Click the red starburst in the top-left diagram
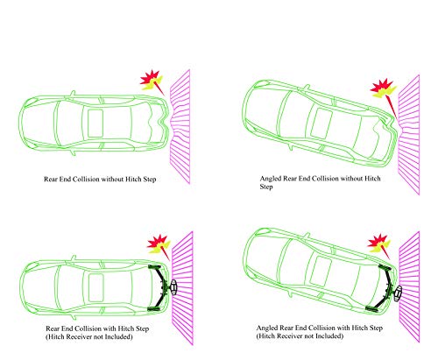pyautogui.click(x=150, y=77)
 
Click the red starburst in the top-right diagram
pyautogui.click(x=380, y=86)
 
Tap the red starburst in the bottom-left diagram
pyautogui.click(x=157, y=241)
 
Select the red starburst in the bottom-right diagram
pyautogui.click(x=378, y=241)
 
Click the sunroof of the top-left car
pyautogui.click(x=95, y=123)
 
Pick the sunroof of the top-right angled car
pyautogui.click(x=321, y=124)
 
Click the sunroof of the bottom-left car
pyautogui.click(x=95, y=287)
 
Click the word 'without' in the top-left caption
pyautogui.click(x=112, y=179)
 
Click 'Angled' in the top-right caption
pyautogui.click(x=271, y=179)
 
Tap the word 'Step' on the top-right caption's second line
pyautogui.click(x=266, y=187)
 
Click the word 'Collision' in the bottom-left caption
pyautogui.click(x=89, y=328)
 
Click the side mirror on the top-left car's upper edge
pyautogui.click(x=73, y=93)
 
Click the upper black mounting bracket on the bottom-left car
pyautogui.click(x=154, y=266)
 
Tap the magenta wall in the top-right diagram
pyautogui.click(x=409, y=135)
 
